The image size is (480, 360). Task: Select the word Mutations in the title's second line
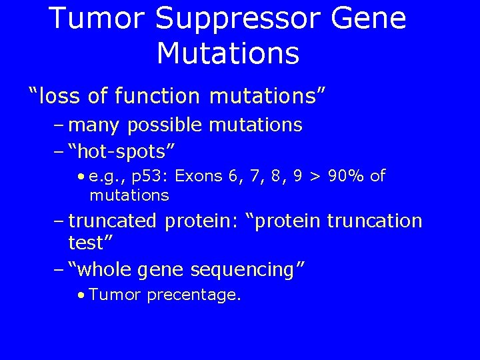pos(228,53)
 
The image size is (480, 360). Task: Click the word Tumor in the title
pos(97,18)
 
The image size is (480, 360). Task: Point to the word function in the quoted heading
pos(157,96)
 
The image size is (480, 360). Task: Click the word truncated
pos(113,221)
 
